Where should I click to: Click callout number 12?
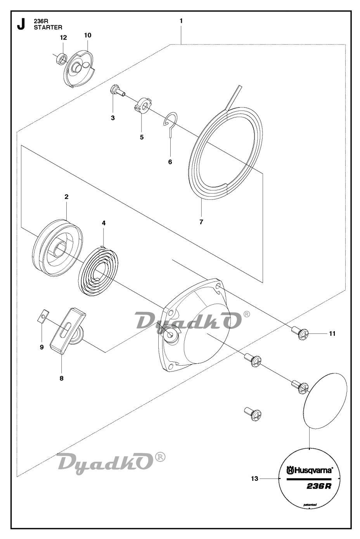click(63, 38)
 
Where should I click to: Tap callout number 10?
click(88, 35)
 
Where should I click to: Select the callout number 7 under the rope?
click(201, 222)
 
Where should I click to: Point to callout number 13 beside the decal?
click(254, 479)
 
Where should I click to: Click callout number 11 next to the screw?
click(332, 333)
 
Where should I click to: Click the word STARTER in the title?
click(48, 28)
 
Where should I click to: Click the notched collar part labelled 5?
click(142, 105)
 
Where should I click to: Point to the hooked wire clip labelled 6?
click(170, 123)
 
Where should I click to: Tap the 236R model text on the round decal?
click(318, 487)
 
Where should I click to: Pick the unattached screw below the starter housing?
click(253, 414)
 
